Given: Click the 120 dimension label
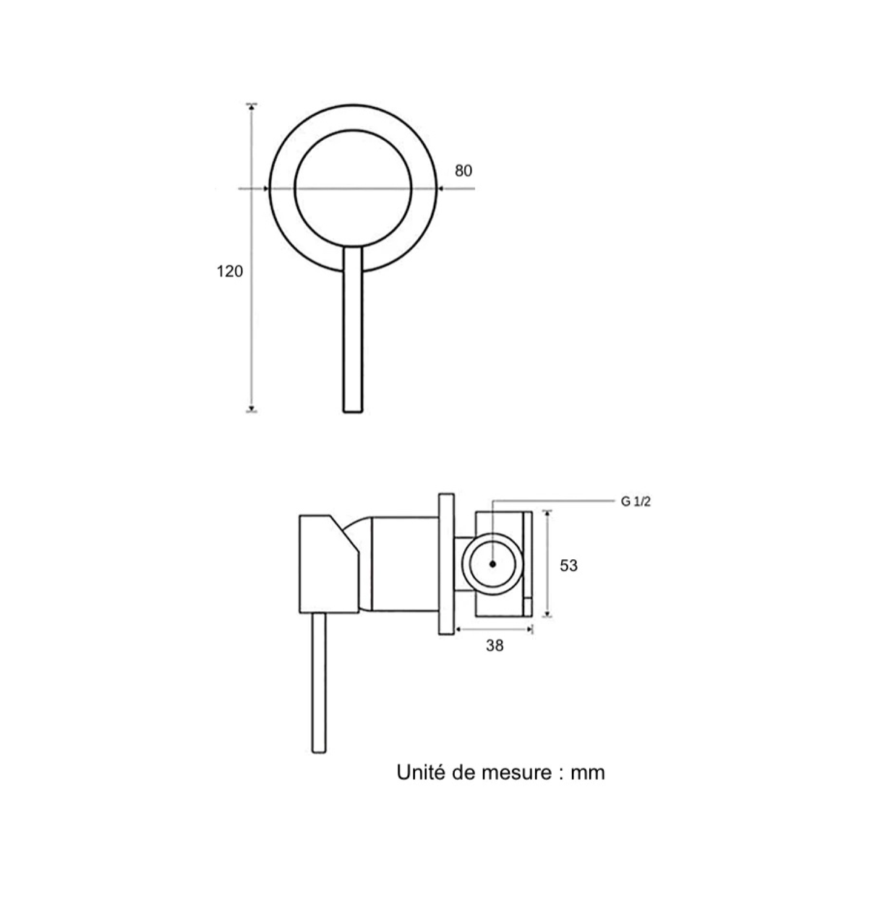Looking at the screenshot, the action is tap(229, 272).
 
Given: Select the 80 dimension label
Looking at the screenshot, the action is tap(463, 171).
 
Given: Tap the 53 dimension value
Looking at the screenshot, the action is tap(568, 566).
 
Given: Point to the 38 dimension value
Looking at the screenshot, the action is tap(495, 646).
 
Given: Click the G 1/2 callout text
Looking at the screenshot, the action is tap(636, 502).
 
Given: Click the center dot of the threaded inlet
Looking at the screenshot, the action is tap(492, 564).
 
